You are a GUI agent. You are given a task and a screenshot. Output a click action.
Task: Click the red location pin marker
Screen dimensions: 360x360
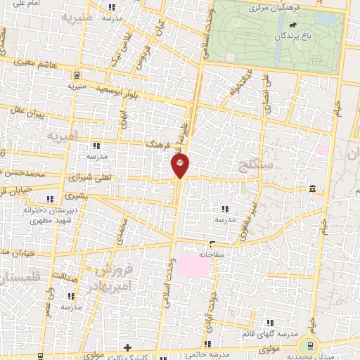[180, 166]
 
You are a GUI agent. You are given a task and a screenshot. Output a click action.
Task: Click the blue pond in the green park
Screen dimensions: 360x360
[325, 19]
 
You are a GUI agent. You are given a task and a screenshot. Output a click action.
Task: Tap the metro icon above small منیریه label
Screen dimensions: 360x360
[75, 72]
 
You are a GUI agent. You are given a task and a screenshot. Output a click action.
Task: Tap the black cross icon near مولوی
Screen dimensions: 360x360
[127, 347]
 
